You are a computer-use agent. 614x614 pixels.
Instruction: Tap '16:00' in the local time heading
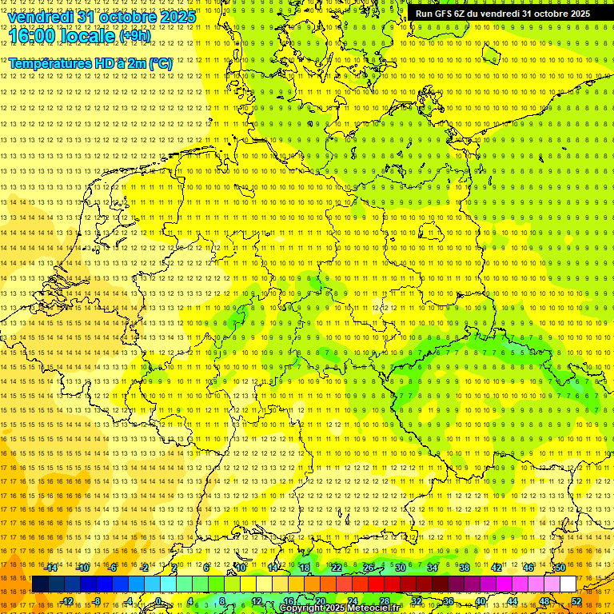point(30,36)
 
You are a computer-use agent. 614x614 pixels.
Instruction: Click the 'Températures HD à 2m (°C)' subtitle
point(90,63)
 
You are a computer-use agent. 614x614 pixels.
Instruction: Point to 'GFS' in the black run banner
point(445,14)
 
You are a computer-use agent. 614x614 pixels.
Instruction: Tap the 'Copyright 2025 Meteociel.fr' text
point(341,608)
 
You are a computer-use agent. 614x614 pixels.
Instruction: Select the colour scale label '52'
point(576,601)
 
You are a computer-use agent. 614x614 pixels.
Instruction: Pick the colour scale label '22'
point(337,568)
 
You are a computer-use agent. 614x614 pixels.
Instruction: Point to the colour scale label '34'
point(433,568)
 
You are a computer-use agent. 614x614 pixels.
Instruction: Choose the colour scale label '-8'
point(98,601)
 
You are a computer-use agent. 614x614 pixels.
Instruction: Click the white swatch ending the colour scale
point(568,584)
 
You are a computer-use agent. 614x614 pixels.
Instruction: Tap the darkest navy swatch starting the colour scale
point(40,584)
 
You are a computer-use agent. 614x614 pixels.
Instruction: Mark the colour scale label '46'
point(528,568)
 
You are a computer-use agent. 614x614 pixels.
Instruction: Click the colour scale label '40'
point(480,601)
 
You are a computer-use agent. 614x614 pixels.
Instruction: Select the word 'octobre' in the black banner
point(550,14)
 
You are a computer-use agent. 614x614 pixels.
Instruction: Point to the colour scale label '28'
point(385,601)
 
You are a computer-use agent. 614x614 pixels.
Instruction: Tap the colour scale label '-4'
point(129,601)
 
